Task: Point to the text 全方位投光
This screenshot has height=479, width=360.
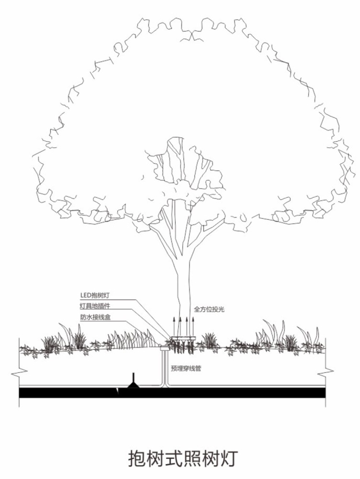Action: [209, 310]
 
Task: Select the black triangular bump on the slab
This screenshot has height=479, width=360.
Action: [133, 382]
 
